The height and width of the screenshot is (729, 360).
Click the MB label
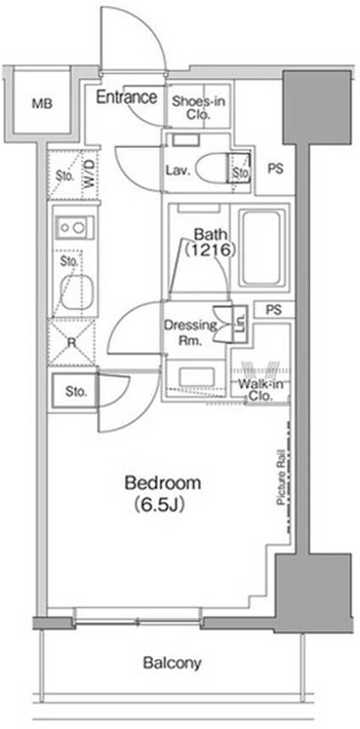click(x=42, y=104)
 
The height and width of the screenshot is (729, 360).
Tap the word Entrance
click(x=126, y=97)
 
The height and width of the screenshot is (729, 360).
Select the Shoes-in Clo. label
click(x=198, y=108)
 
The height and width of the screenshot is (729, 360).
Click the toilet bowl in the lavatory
click(x=213, y=169)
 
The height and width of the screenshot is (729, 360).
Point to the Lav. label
click(x=178, y=170)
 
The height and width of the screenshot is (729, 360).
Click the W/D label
click(x=89, y=174)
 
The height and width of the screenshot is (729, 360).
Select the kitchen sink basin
click(x=77, y=292)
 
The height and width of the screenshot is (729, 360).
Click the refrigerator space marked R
click(x=72, y=342)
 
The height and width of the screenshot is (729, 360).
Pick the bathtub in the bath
click(x=261, y=248)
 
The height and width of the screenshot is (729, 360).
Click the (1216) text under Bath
click(x=210, y=250)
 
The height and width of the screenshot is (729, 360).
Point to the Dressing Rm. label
click(x=191, y=332)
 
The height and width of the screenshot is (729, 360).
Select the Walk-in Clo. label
click(x=260, y=390)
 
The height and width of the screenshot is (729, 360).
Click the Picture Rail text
click(x=281, y=477)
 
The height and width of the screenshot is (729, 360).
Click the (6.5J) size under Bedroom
click(x=159, y=505)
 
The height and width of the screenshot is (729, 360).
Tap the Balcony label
click(x=172, y=662)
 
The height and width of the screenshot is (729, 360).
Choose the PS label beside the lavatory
click(x=275, y=169)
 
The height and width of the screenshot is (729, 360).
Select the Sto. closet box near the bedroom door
click(x=75, y=390)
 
